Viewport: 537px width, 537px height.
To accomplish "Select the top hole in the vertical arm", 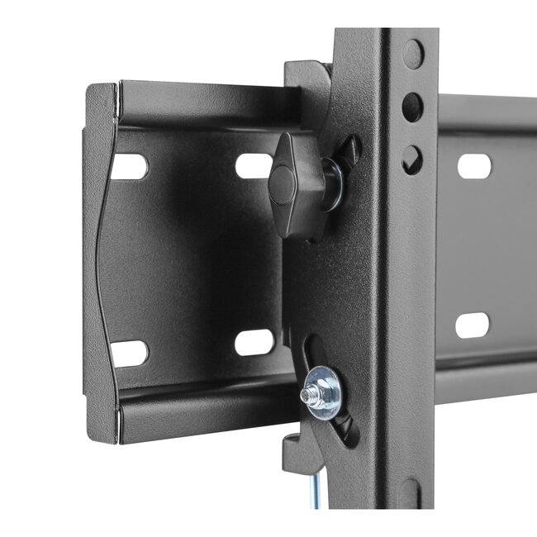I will click(412, 55).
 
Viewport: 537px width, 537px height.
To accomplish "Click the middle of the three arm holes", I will click(412, 106).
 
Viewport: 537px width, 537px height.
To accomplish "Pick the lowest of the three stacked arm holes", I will click(411, 159).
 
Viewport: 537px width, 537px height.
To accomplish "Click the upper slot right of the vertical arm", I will click(473, 165).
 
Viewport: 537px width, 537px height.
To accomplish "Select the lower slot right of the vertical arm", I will click(472, 324).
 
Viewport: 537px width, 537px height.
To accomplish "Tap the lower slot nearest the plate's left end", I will click(130, 353).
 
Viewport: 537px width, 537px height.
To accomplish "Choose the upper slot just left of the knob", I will click(253, 165).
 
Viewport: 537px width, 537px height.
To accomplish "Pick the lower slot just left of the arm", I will click(254, 341).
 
